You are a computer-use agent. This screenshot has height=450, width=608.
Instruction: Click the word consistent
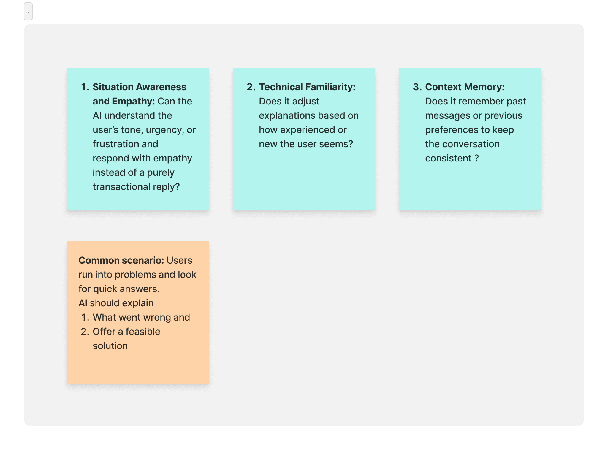(448, 158)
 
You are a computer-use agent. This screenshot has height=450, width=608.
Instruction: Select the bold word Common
(99, 260)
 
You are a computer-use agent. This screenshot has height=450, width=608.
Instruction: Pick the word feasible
(143, 332)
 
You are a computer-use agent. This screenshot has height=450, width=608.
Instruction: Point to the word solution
(110, 346)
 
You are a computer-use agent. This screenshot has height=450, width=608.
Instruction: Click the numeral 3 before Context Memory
(416, 87)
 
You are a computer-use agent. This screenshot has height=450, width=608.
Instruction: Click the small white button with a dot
(28, 12)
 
